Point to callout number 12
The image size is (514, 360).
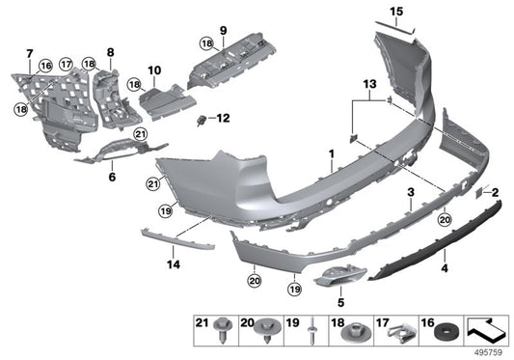point(224,119)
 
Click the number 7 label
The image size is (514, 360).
point(28,52)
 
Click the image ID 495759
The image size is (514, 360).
point(491,351)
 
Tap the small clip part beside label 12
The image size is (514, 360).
point(202,120)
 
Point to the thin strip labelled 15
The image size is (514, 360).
point(393,29)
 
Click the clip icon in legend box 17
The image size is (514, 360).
point(395,333)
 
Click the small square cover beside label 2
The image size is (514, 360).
point(477,193)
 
